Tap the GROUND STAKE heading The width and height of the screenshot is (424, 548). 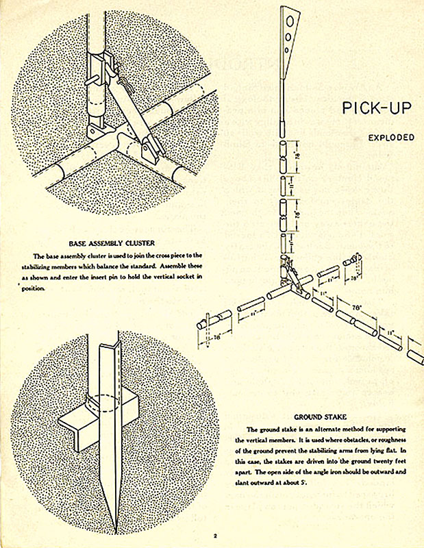320,416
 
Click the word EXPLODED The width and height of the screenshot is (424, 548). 391,137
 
